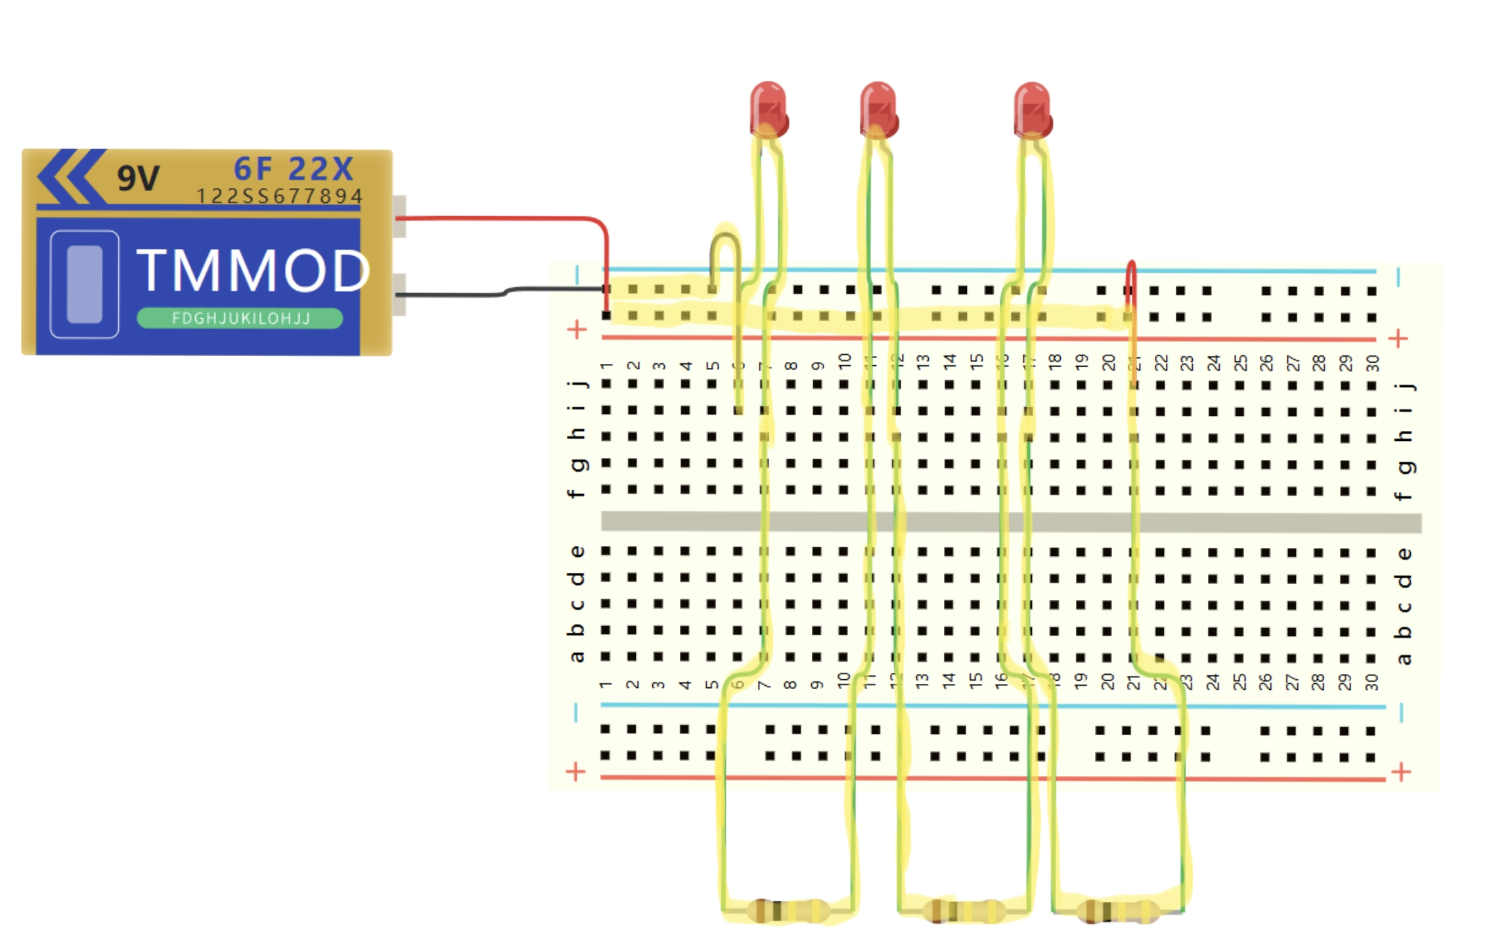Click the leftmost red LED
tap(768, 109)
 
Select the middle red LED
tap(879, 109)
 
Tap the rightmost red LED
tap(1033, 109)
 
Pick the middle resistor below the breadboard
tap(963, 911)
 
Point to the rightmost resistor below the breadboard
tap(1118, 911)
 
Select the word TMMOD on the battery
tap(253, 271)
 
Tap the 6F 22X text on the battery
tap(294, 170)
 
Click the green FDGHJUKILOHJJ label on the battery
tap(240, 319)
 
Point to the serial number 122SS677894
tap(279, 196)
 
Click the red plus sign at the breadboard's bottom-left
tap(575, 771)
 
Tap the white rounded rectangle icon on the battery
tap(85, 284)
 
